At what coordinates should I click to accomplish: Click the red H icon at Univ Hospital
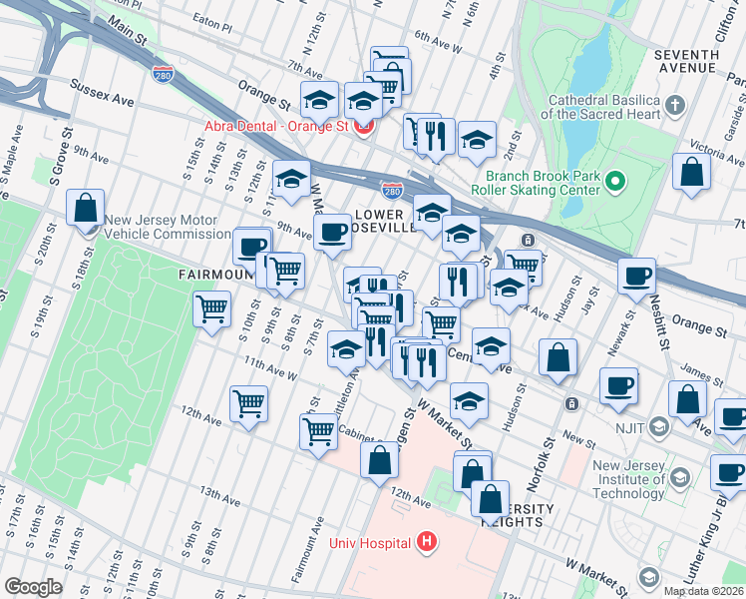[427, 543]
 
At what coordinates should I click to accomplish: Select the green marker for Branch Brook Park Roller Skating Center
[616, 182]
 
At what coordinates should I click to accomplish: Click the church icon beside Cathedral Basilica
[675, 105]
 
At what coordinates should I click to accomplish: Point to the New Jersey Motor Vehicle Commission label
[167, 228]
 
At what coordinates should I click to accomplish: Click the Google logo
[33, 586]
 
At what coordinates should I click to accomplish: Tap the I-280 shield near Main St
[164, 74]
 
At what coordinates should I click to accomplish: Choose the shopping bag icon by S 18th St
[86, 208]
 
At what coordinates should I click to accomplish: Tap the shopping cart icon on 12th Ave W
[248, 403]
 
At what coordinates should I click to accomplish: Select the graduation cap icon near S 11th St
[291, 179]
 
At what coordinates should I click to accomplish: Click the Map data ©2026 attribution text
[703, 591]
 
